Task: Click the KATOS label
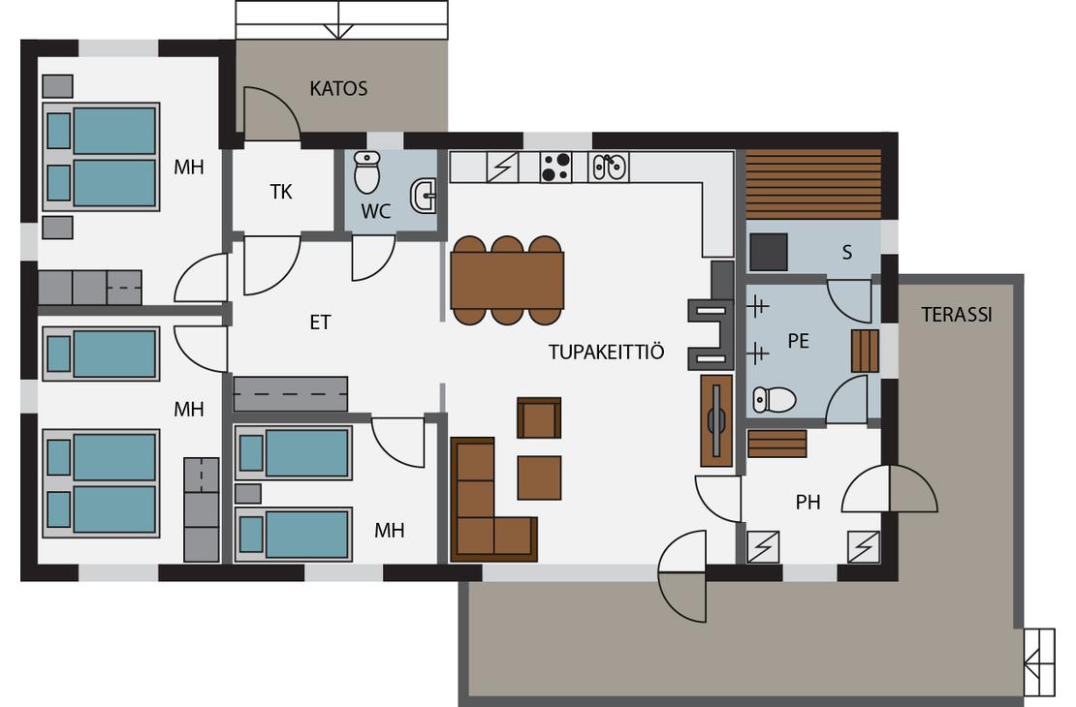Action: [338, 88]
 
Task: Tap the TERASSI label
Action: [957, 315]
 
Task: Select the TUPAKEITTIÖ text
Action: [607, 352]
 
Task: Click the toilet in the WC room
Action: [367, 172]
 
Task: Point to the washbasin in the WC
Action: [423, 197]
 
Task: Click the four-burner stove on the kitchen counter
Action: [555, 168]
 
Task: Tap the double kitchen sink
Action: [609, 167]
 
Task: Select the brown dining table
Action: [507, 280]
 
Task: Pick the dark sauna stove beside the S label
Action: [768, 253]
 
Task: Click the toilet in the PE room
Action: [774, 400]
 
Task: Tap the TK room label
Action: [281, 192]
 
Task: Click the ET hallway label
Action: [321, 323]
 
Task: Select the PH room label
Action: [807, 503]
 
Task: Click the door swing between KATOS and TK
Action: [272, 113]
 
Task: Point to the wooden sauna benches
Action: [813, 184]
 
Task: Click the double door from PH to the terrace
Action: [889, 488]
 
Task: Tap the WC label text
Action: [375, 212]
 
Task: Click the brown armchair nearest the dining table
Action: [539, 417]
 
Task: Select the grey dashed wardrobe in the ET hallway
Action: [290, 393]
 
